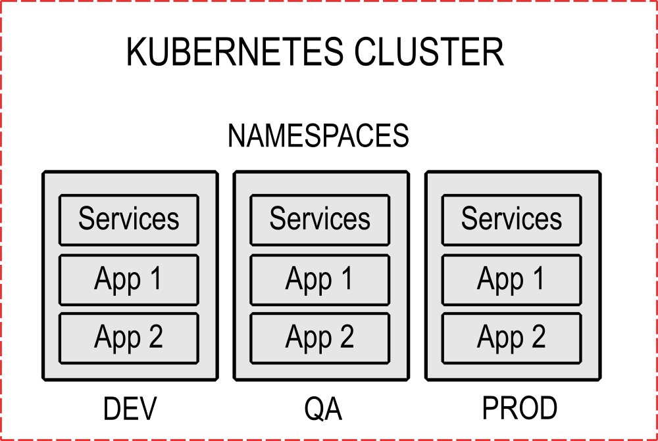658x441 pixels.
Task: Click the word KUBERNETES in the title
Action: tap(234, 53)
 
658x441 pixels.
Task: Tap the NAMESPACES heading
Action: tap(318, 136)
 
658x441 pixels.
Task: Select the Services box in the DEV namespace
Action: tap(129, 220)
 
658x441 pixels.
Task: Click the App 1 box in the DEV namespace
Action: tap(129, 279)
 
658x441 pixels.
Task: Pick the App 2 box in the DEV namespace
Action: tap(129, 338)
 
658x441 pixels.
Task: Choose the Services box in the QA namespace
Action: tap(320, 220)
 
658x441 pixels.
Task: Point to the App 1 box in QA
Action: tap(320, 279)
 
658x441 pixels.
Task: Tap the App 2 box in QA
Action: tap(320, 338)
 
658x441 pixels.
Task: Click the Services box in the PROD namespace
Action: tap(511, 220)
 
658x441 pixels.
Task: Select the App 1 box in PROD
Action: tap(511, 279)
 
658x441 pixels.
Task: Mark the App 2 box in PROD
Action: tap(511, 338)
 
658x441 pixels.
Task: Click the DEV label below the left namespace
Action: tap(130, 409)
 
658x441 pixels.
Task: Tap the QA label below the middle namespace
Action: tap(323, 409)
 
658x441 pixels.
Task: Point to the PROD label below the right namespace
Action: tap(520, 409)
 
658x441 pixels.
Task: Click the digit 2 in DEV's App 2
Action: tap(155, 337)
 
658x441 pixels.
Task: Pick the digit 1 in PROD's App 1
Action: tap(538, 278)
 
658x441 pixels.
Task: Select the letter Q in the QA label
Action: tap(314, 409)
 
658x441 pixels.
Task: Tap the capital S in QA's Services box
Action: tap(278, 218)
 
